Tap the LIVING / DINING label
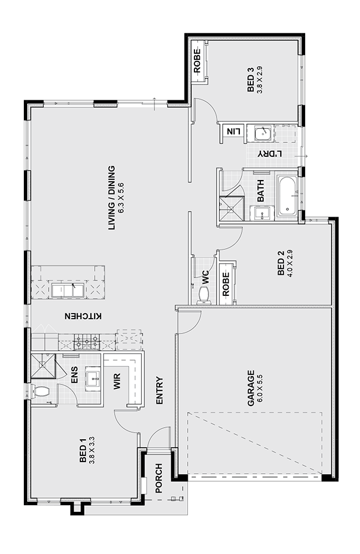(x=112, y=198)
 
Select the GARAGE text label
(x=251, y=388)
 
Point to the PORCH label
(x=159, y=478)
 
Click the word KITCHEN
(x=83, y=316)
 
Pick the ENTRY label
(x=160, y=391)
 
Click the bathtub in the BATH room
(x=287, y=196)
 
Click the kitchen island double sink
(x=68, y=290)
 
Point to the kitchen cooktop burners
(x=86, y=341)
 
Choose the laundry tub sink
(x=263, y=133)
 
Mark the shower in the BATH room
(x=232, y=209)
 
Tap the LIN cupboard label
(x=233, y=131)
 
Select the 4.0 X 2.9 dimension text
(x=290, y=263)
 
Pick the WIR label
(x=117, y=381)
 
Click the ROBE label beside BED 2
(x=226, y=284)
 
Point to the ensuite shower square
(x=43, y=365)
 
